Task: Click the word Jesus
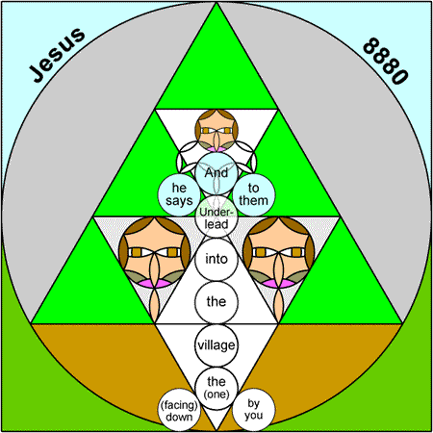pos(58,55)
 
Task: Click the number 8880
pos(386,61)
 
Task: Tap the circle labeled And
pos(216,173)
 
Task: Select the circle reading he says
pos(179,194)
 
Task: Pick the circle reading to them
pos(253,194)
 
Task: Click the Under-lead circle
pos(216,216)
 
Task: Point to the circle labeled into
pos(216,259)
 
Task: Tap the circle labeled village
pos(216,345)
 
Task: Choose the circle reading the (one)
pos(216,389)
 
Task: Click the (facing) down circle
pos(179,410)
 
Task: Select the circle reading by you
pos(253,410)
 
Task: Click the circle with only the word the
pos(216,302)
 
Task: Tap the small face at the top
pos(216,130)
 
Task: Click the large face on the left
pos(155,252)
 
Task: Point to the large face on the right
pos(278,252)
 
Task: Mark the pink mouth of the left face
pos(155,283)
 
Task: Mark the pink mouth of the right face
pos(279,283)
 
